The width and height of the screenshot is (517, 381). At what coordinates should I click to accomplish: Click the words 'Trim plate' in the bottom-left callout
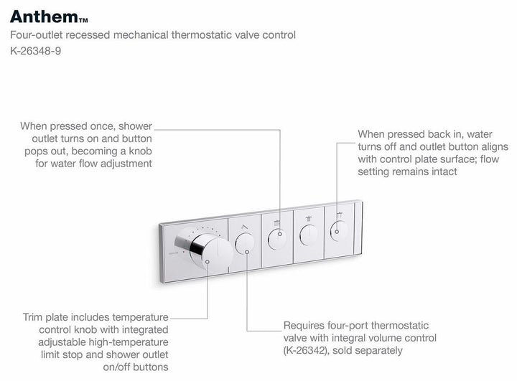[x=43, y=316]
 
